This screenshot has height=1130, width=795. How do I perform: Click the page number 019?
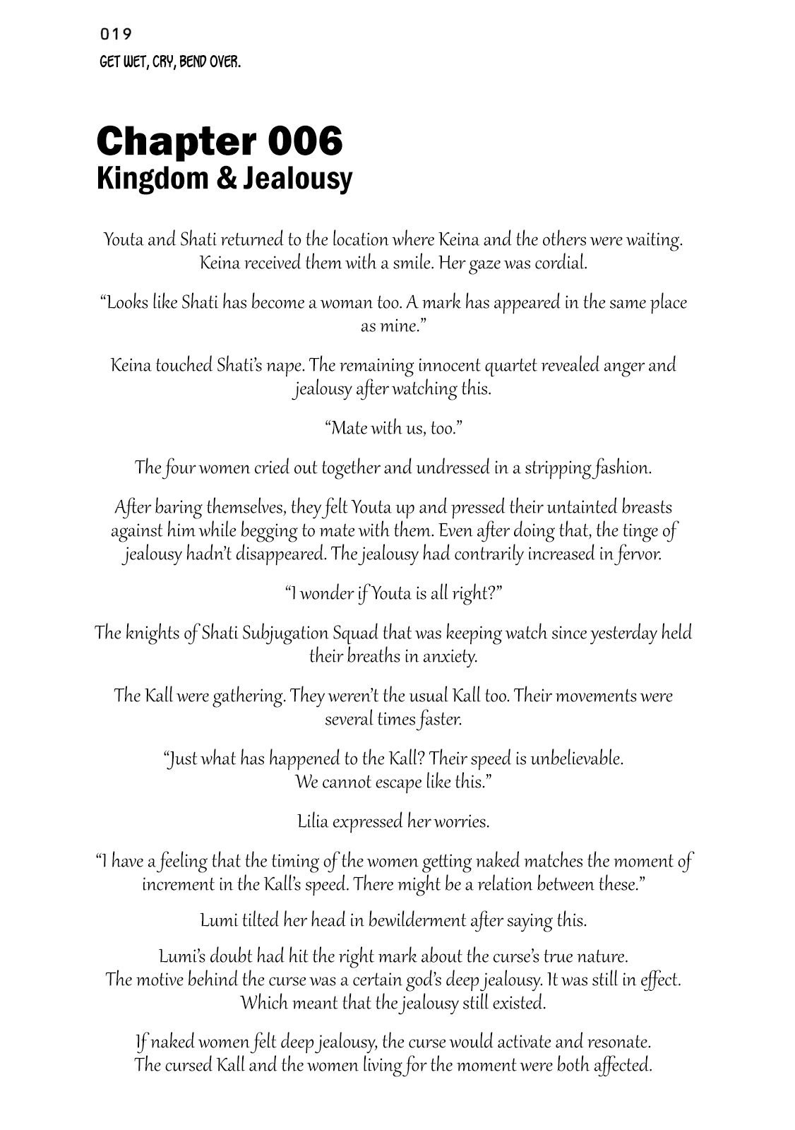tap(116, 33)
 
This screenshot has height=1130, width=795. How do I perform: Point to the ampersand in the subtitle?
tap(226, 178)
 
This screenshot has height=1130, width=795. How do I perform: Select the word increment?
tap(178, 884)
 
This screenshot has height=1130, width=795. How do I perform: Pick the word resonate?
tap(614, 1042)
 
